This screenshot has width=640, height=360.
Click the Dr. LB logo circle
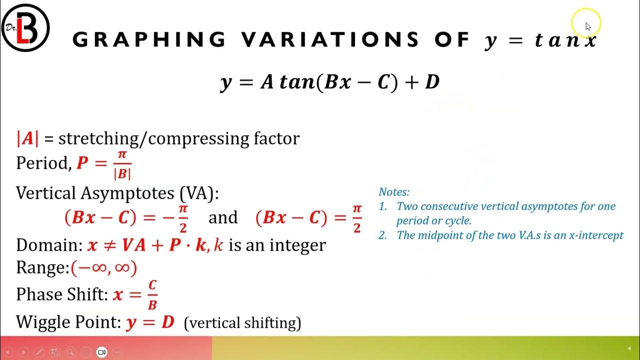pos(25,28)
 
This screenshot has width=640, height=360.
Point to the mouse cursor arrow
pos(588,26)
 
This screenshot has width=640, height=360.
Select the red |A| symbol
pos(27,138)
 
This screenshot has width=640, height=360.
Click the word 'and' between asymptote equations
pos(223,217)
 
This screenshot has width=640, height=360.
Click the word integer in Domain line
pos(299,245)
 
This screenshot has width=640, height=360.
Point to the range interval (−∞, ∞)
pos(104,268)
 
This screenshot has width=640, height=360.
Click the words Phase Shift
pos(61,294)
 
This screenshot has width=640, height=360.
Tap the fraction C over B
pos(152,294)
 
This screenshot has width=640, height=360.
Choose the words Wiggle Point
pos(68,322)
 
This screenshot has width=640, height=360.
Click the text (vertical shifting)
pos(242,323)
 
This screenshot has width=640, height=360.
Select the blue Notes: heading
pos(394,192)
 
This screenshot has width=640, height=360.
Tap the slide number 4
pos(629,348)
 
